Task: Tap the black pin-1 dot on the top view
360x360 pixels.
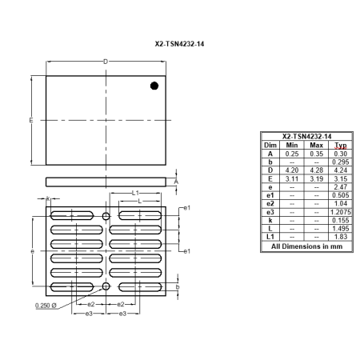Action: click(154, 85)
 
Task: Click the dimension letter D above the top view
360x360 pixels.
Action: click(106, 62)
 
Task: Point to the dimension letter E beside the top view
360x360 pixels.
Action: click(30, 120)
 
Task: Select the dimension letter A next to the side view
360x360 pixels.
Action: click(176, 182)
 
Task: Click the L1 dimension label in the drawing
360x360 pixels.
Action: click(136, 193)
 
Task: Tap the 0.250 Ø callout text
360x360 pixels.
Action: click(46, 305)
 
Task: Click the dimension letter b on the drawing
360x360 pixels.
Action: click(177, 286)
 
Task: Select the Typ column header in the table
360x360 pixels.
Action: click(342, 146)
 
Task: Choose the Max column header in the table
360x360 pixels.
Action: click(317, 146)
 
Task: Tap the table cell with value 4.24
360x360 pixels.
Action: click(342, 170)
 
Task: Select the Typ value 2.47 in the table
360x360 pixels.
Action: click(342, 186)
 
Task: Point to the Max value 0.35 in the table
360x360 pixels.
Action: click(317, 154)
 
